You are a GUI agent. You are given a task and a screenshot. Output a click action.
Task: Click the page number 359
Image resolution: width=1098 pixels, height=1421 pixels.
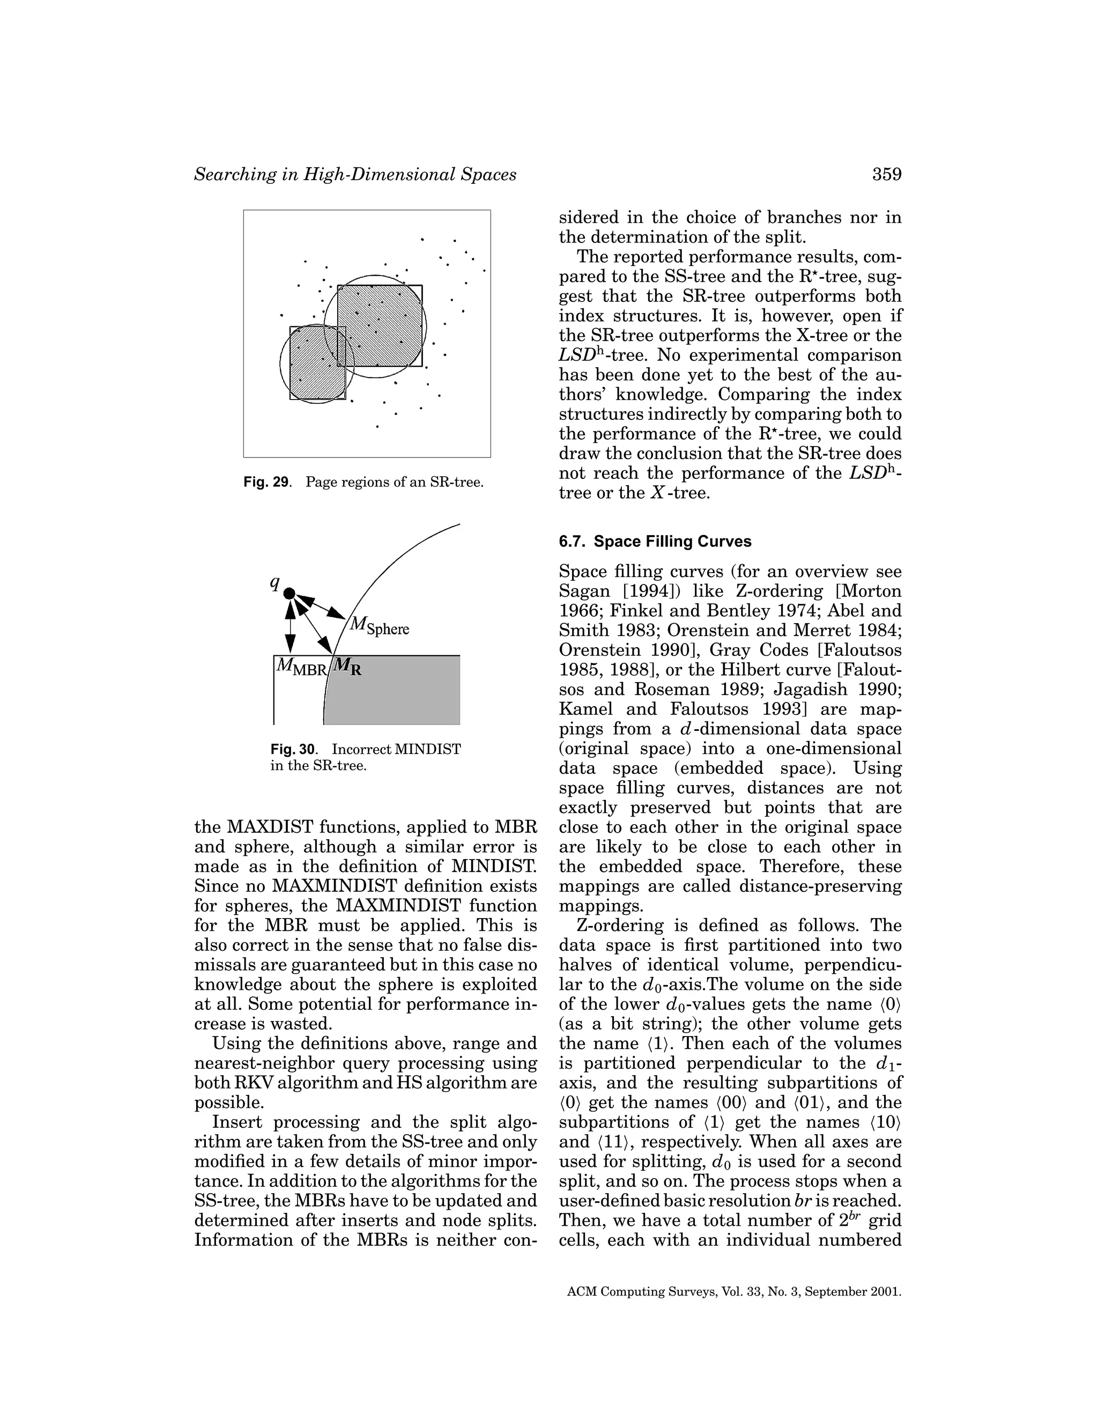pyautogui.click(x=887, y=174)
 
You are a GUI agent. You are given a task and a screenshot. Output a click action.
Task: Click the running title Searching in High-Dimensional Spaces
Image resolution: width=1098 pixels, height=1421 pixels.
pyautogui.click(x=355, y=174)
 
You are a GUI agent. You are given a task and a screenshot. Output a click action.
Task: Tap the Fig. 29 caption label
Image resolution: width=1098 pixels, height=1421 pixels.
pyautogui.click(x=266, y=483)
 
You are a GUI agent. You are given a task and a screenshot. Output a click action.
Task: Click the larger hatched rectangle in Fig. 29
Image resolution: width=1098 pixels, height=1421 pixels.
pyautogui.click(x=380, y=325)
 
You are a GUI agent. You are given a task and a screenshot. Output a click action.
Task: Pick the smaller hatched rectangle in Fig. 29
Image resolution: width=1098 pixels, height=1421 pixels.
pyautogui.click(x=317, y=363)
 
